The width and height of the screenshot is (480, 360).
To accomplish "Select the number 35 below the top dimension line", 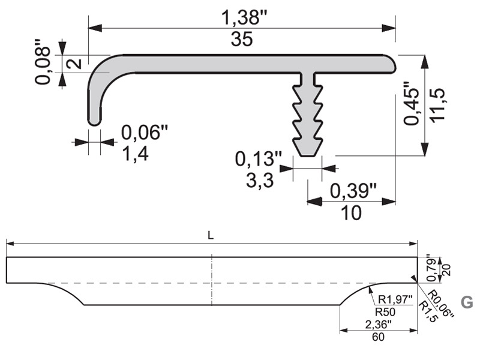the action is (x=242, y=40).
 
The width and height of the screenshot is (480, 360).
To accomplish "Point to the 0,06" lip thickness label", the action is (x=145, y=132).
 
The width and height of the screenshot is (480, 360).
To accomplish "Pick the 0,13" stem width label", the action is (x=259, y=159).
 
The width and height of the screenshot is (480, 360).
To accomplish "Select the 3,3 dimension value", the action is (x=260, y=181).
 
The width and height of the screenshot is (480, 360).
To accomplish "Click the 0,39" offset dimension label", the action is (x=353, y=191).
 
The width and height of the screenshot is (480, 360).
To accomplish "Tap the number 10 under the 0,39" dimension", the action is (x=351, y=213).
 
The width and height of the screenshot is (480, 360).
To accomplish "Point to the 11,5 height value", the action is (x=437, y=105).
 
